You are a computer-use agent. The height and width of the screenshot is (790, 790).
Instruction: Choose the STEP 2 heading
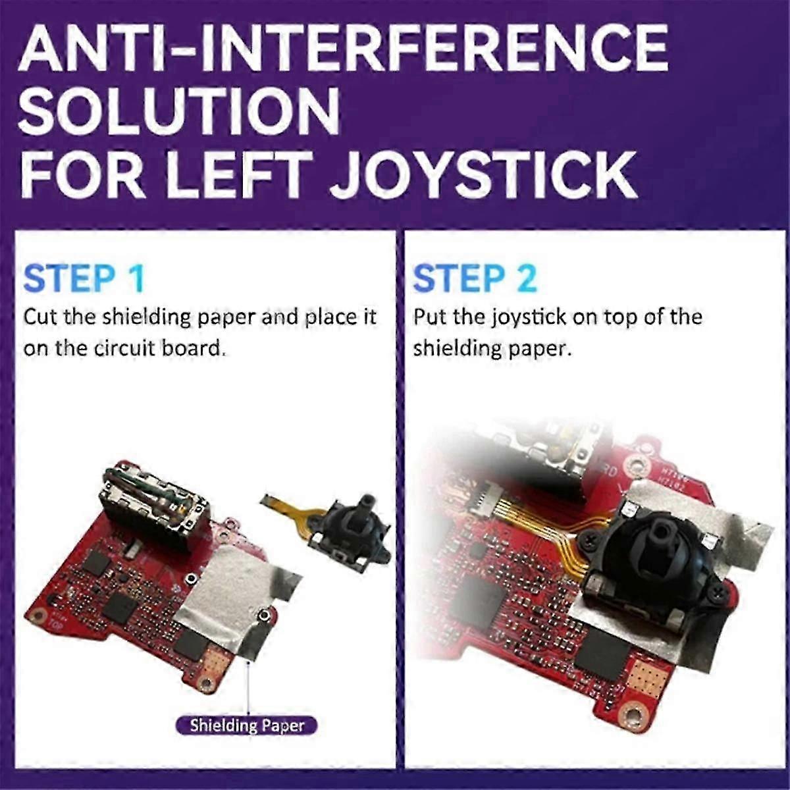[x=474, y=278]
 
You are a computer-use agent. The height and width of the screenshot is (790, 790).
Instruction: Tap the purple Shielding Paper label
[x=247, y=725]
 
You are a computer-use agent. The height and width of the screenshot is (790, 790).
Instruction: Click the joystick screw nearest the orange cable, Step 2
[x=588, y=539]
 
